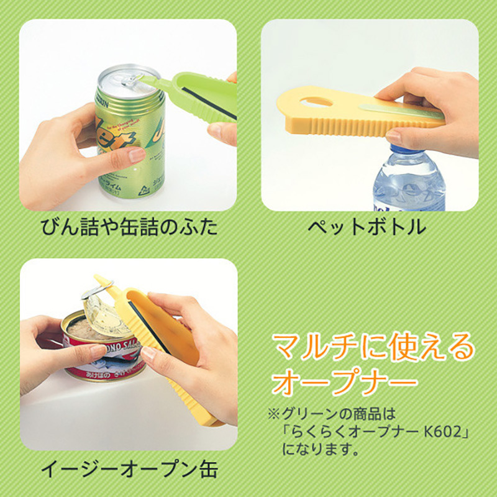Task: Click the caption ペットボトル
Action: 367,228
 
